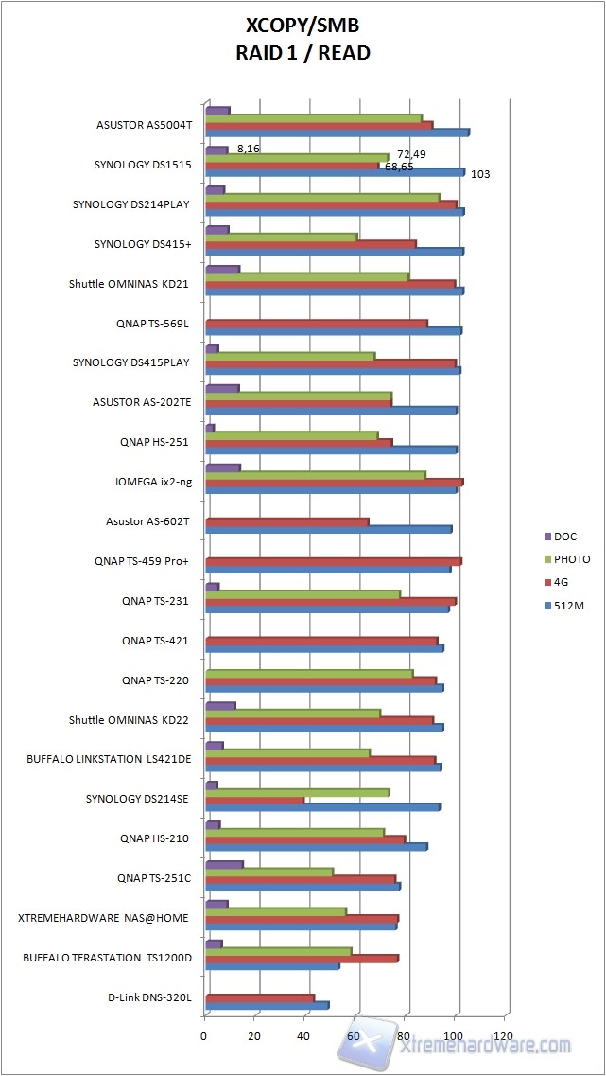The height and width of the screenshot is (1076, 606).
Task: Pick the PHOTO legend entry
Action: [571, 559]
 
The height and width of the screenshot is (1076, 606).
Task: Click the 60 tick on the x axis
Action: [354, 1035]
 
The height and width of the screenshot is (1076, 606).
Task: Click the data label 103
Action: [480, 174]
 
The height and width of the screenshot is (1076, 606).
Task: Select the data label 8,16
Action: [249, 149]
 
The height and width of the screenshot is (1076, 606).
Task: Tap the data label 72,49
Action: [410, 153]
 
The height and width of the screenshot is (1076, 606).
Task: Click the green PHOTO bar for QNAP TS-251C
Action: [269, 872]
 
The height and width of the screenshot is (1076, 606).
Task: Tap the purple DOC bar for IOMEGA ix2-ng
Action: [222, 467]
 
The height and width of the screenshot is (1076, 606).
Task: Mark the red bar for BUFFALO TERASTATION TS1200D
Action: [302, 959]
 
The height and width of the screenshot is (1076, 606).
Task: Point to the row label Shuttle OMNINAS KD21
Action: [130, 283]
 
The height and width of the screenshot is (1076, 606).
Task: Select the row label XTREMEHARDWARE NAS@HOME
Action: [104, 918]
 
